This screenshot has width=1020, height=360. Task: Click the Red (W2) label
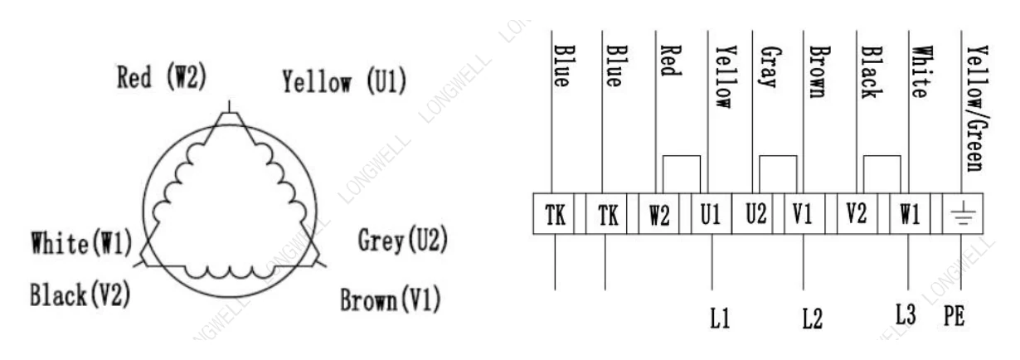point(162,77)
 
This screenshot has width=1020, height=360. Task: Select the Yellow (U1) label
point(344,81)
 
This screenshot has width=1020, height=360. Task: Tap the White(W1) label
point(81,242)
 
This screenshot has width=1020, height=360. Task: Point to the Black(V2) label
point(80,294)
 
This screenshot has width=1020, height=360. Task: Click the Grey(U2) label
point(402,240)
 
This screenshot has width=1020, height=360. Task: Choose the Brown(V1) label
point(391,299)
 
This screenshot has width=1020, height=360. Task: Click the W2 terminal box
point(659,214)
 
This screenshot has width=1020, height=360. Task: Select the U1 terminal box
point(712,214)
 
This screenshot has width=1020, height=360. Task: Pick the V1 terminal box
point(804,214)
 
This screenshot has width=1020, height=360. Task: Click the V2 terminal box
point(857,214)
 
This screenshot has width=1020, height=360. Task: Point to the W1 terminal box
point(910,214)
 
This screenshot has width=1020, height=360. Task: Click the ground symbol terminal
point(963,214)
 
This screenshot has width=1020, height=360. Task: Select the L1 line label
point(720,318)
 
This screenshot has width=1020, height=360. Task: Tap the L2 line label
point(813,318)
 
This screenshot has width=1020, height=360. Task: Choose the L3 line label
point(906,314)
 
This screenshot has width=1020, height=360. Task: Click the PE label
point(954,315)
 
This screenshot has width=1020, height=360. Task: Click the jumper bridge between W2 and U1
point(681,156)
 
